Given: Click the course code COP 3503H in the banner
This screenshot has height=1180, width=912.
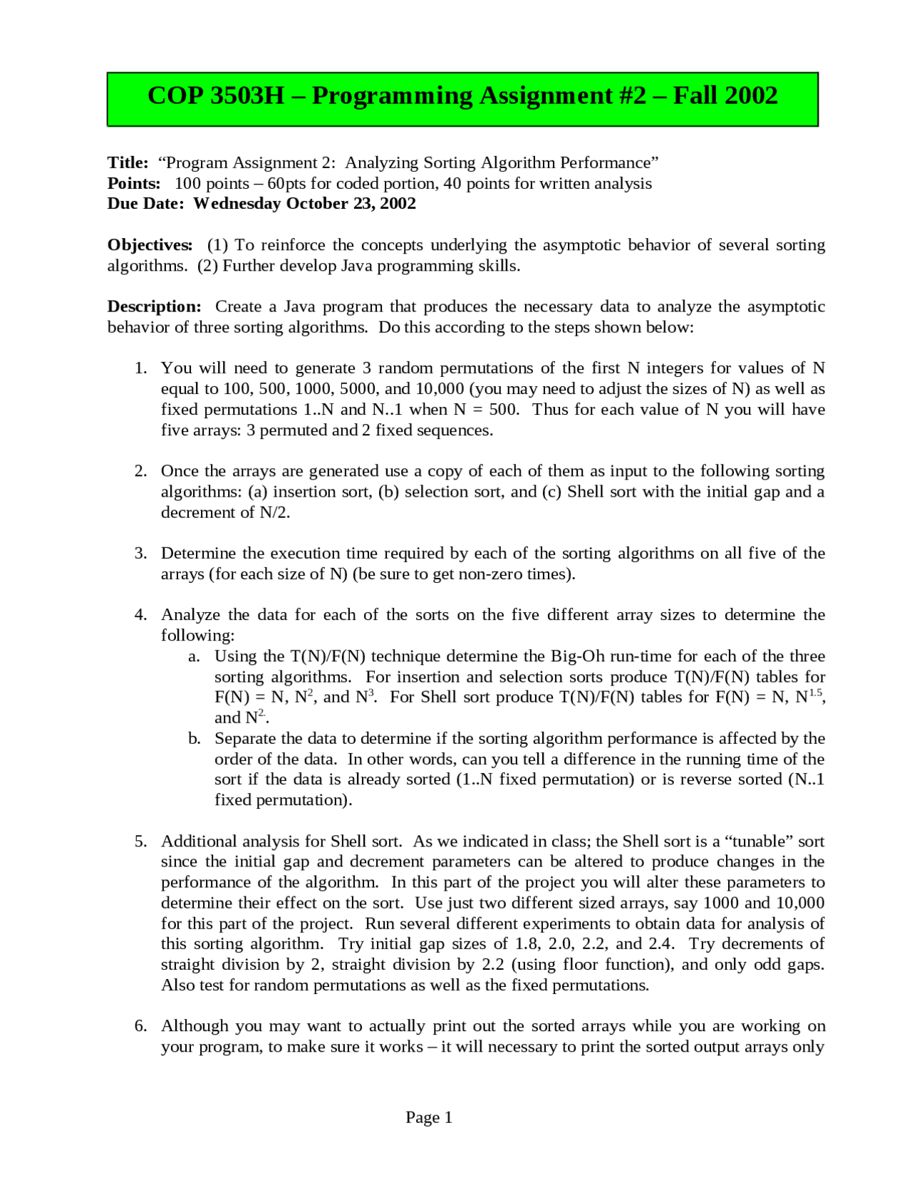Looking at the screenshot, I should (215, 96).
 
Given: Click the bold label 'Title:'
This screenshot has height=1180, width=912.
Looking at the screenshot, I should (128, 163).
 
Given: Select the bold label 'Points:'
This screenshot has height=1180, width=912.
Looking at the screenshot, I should (134, 184).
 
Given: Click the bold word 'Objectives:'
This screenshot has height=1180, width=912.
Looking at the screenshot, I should (150, 245).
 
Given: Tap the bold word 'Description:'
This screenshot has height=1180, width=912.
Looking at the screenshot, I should (154, 307).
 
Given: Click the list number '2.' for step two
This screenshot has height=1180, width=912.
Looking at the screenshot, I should (140, 471).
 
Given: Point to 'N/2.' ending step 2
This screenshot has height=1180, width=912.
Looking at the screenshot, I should (275, 512).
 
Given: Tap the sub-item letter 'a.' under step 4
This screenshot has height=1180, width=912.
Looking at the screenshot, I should (194, 656).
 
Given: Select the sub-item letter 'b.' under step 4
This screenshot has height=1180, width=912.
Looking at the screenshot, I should (195, 739).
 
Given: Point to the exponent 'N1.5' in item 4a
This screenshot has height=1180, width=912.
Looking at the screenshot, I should (809, 697).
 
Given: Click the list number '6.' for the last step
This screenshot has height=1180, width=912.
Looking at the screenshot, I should (140, 1026).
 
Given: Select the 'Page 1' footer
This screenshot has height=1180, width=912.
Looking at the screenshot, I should (429, 1117).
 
